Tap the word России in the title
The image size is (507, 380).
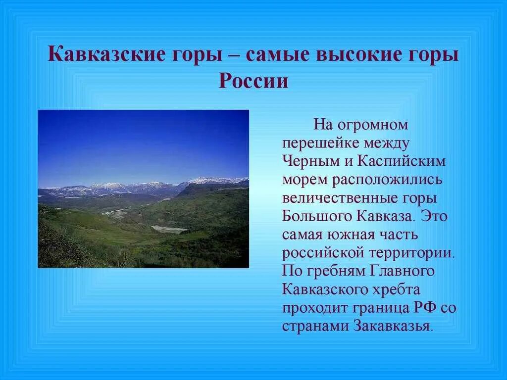[x=253, y=80]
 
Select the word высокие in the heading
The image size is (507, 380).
[x=359, y=53]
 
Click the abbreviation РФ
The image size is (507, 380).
[x=425, y=307]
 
